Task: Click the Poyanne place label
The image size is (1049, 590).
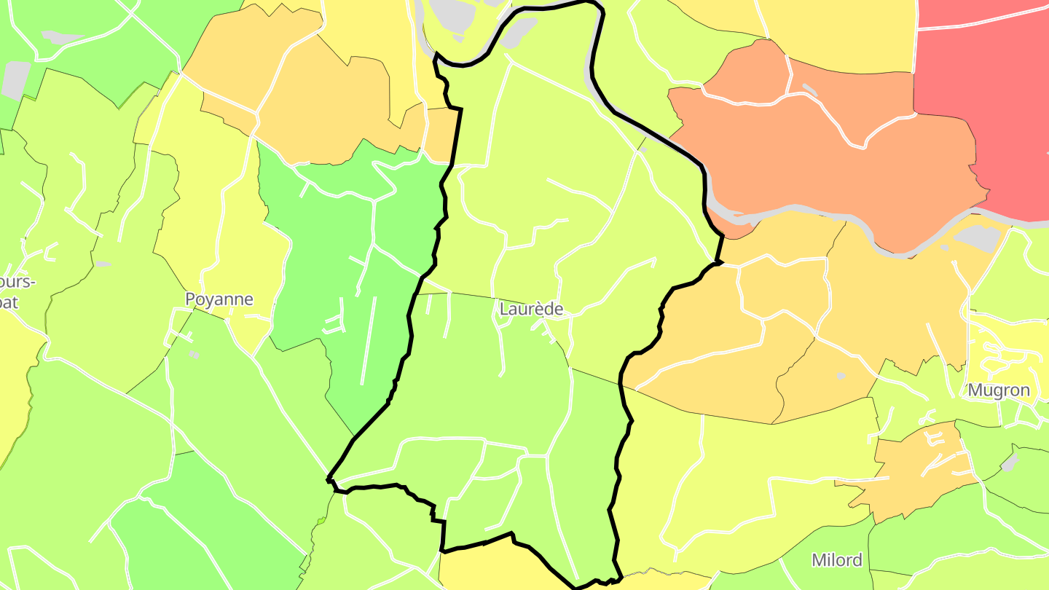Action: click(219, 299)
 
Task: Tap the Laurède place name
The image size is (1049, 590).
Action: click(531, 309)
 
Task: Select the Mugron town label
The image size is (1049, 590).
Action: click(999, 390)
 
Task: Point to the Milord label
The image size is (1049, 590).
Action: click(837, 560)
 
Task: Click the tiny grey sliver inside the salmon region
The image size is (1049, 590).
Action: click(809, 89)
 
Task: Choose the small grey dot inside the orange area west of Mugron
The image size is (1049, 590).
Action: click(841, 376)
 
